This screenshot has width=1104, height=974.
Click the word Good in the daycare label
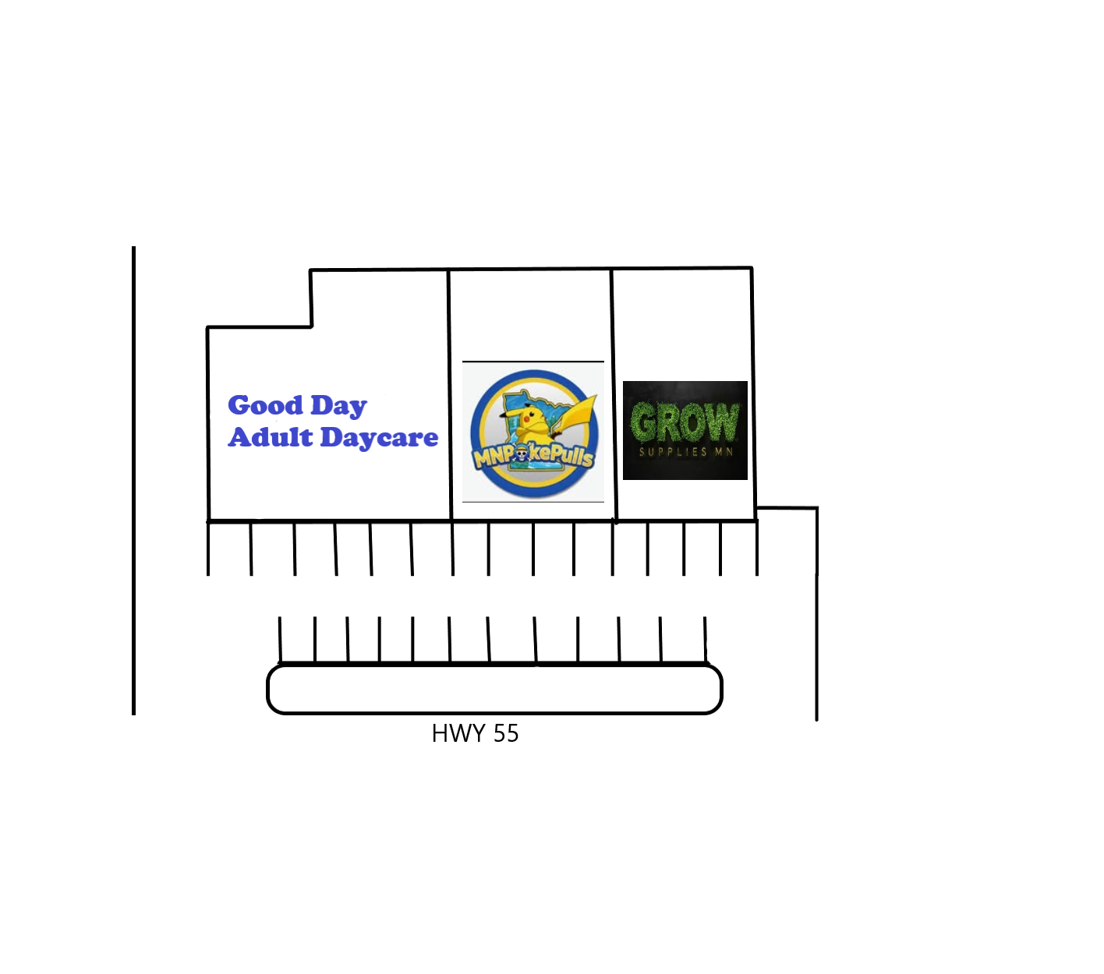pyautogui.click(x=265, y=404)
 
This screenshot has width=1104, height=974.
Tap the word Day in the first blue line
pyautogui.click(x=338, y=407)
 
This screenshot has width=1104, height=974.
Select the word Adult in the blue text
pyautogui.click(x=271, y=437)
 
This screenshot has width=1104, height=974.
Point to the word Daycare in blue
pyautogui.click(x=379, y=438)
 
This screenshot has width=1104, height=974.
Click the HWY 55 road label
pyautogui.click(x=475, y=733)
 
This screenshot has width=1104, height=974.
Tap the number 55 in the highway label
pyautogui.click(x=506, y=733)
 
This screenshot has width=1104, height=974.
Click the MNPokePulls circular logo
pyautogui.click(x=533, y=433)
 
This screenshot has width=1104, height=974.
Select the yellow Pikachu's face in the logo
pyautogui.click(x=529, y=418)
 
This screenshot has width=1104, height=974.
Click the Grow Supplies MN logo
pyautogui.click(x=685, y=430)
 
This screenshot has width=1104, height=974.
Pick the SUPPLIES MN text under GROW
pyautogui.click(x=685, y=452)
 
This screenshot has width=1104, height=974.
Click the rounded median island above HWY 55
pyautogui.click(x=494, y=689)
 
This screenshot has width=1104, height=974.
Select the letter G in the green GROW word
pyautogui.click(x=643, y=422)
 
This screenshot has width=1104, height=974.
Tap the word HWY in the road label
pyautogui.click(x=458, y=733)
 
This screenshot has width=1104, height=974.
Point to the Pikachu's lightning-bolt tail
pyautogui.click(x=577, y=418)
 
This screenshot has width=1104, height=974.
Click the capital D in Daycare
pyautogui.click(x=332, y=437)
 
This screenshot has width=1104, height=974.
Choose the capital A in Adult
pyautogui.click(x=240, y=437)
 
